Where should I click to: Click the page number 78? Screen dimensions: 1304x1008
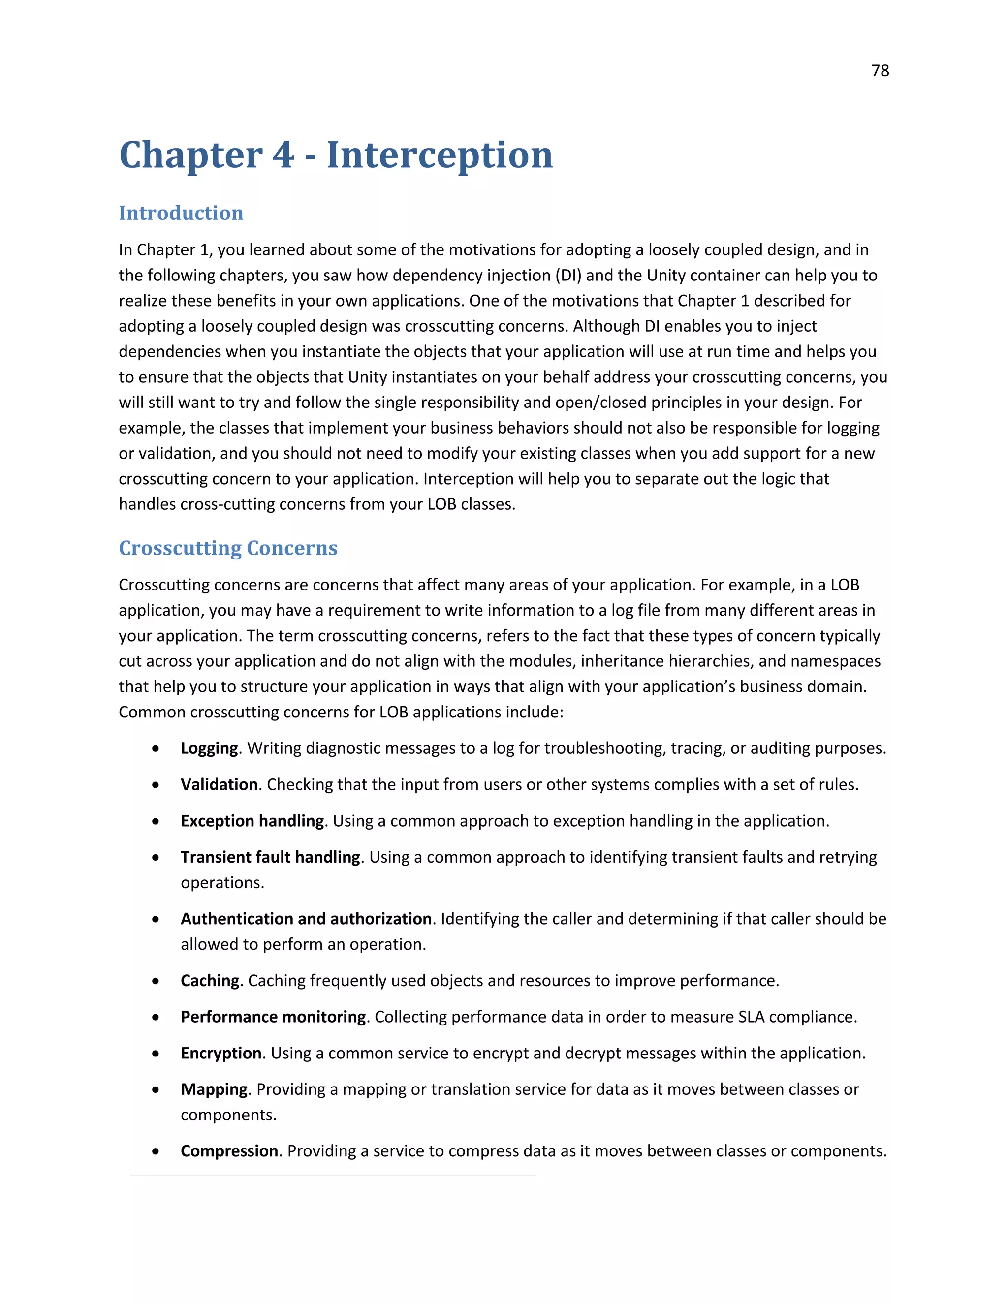(x=880, y=71)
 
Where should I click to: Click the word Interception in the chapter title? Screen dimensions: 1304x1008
(x=440, y=155)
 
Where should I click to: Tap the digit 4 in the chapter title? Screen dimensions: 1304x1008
(x=283, y=155)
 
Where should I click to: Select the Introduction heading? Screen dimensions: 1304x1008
(x=181, y=213)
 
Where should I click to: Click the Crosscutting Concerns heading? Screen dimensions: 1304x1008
(x=228, y=548)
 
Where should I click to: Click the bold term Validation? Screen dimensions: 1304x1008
(x=219, y=784)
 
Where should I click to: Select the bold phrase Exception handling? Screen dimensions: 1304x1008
(x=252, y=821)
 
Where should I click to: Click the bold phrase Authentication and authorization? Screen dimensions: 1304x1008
(x=306, y=919)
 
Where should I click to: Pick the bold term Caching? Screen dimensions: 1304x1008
(x=210, y=981)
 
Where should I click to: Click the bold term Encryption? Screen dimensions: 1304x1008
(x=221, y=1053)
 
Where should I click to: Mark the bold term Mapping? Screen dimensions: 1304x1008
(x=214, y=1089)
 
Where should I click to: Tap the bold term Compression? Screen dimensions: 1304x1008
(x=229, y=1151)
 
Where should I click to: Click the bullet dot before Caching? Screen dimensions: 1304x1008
(x=156, y=982)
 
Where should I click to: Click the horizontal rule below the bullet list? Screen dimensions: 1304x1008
(x=333, y=1175)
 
